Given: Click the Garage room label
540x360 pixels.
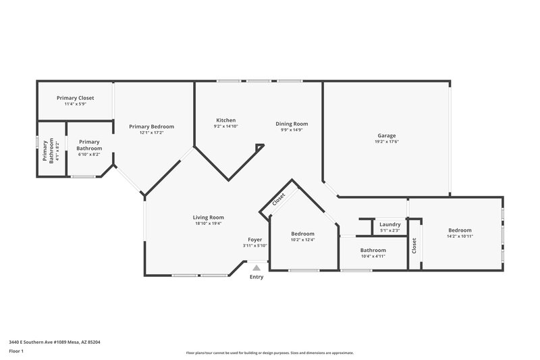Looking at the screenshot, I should [x=387, y=136].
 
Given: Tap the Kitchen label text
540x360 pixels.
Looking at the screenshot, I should [x=225, y=120].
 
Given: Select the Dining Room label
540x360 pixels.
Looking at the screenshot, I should [x=292, y=124].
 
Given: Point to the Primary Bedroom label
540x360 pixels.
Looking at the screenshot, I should [x=151, y=126].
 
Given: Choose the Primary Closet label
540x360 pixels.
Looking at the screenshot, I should [x=75, y=98].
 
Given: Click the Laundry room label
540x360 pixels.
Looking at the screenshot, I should [x=390, y=224].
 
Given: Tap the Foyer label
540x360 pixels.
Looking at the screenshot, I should [x=254, y=240].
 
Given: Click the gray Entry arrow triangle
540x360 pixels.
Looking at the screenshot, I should [x=256, y=268].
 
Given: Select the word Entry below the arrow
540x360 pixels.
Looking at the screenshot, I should [x=256, y=277].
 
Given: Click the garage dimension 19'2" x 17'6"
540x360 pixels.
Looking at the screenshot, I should [x=387, y=142].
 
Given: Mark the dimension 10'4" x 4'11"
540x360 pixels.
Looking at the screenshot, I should [x=373, y=256].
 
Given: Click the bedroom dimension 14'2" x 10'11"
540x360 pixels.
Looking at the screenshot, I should [x=460, y=236].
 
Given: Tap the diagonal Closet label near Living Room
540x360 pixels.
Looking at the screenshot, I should [x=279, y=200].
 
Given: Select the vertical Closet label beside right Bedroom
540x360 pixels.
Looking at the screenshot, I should [x=414, y=246].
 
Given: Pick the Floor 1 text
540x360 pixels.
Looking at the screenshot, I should [x=16, y=352].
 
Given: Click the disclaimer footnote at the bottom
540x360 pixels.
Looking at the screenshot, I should [x=269, y=353].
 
